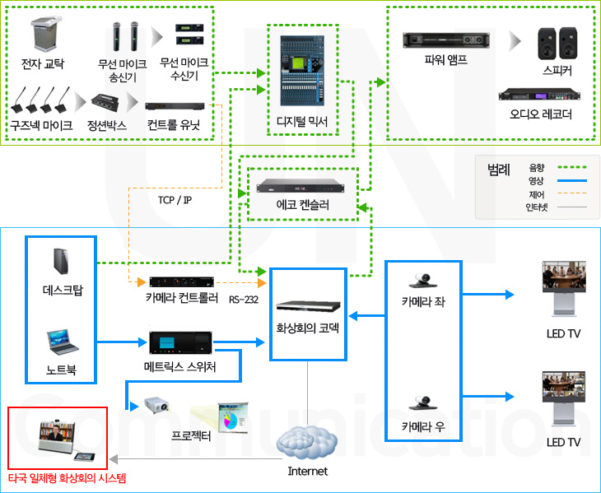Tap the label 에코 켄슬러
point(304,204)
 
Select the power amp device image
point(445,40)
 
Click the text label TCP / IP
point(175,199)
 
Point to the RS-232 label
point(244,300)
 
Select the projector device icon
point(156,407)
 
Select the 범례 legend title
point(498,170)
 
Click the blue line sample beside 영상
point(571,180)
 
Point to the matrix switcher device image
point(180,344)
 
